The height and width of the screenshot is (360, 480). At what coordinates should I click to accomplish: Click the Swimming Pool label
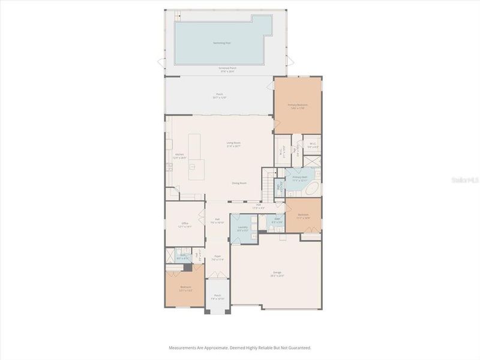point(222,43)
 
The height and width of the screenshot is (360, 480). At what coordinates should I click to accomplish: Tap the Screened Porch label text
point(227,70)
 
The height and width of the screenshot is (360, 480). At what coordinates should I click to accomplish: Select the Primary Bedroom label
point(298,106)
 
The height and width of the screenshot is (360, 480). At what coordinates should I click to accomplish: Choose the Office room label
point(185,224)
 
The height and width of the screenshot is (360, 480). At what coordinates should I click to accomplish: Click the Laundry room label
point(243,229)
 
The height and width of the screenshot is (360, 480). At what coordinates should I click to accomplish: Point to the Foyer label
point(217,258)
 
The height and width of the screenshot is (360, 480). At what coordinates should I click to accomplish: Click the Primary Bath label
point(299,178)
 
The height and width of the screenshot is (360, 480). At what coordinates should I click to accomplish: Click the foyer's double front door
point(217,277)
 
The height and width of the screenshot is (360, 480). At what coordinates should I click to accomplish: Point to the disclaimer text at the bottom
point(239,347)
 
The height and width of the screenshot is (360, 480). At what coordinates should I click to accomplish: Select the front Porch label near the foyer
point(217,296)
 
